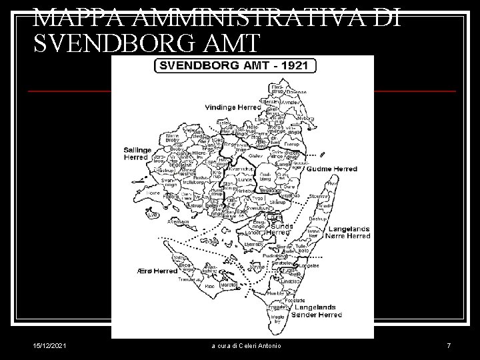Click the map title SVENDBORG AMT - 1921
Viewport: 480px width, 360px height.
235,67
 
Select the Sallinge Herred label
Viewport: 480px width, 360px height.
137,154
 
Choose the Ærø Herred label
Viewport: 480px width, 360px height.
157,271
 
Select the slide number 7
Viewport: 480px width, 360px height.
449,345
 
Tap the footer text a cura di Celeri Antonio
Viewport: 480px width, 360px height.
247,345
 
